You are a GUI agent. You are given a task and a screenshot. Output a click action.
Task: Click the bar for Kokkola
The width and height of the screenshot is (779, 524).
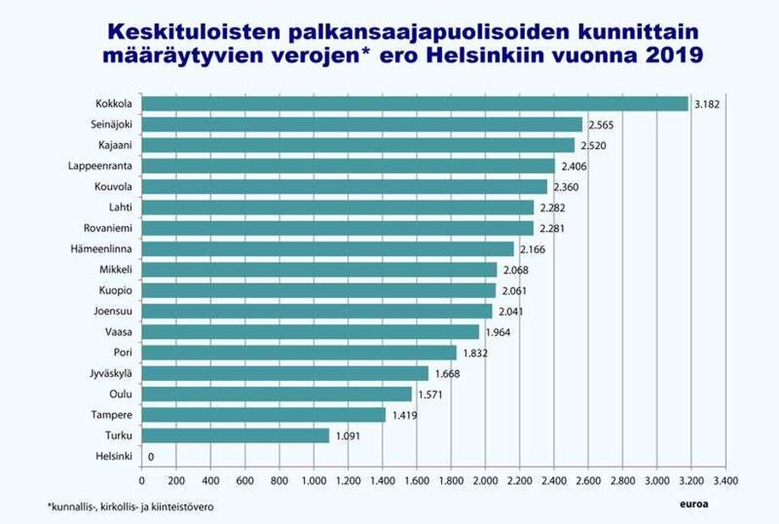coord(415,104)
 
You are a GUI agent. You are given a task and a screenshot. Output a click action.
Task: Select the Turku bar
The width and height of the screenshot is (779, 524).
coord(235,435)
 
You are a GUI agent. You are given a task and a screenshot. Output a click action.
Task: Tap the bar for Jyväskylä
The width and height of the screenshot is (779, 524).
coord(285,373)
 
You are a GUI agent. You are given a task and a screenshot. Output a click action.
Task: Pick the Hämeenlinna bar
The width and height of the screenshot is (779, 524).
coord(328,249)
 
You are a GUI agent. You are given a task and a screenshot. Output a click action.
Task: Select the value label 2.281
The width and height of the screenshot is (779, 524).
coord(553,229)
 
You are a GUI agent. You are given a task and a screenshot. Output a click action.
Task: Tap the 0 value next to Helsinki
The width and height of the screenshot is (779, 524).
coord(151,457)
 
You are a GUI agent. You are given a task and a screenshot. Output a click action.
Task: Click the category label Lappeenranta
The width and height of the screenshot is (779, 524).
coord(105,166)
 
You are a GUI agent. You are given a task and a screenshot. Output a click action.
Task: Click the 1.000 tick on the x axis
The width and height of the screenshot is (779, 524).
coord(313,482)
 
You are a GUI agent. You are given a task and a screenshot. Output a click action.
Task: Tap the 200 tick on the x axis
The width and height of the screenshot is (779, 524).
coord(176,482)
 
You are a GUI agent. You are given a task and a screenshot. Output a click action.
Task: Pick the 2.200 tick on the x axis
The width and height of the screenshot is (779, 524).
coord(519,482)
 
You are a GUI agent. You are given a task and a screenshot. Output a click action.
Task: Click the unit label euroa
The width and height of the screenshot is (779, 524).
coord(693,505)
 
